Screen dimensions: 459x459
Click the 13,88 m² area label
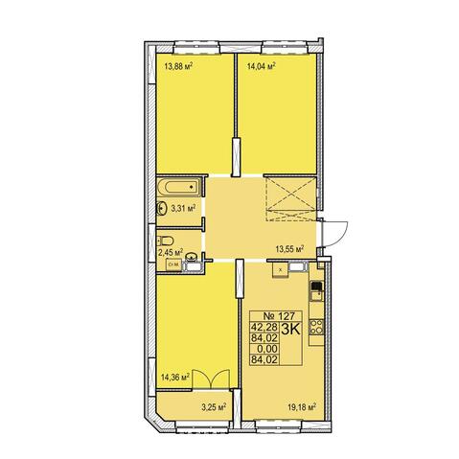tap(178, 66)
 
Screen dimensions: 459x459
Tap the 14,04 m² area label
tap(262, 66)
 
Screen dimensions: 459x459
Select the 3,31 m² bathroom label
tap(183, 209)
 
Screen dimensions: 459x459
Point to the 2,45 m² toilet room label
tap(171, 252)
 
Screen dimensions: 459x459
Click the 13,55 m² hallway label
tap(289, 249)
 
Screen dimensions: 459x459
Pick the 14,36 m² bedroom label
tap(175, 378)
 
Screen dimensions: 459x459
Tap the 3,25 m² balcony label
tap(214, 407)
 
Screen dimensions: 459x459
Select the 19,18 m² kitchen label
tap(302, 407)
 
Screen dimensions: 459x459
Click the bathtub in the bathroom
tap(179, 187)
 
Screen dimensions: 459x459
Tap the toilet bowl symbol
tap(166, 240)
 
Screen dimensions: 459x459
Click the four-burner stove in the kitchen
tap(316, 327)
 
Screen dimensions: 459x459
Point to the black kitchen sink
tap(316, 286)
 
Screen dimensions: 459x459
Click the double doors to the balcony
tap(211, 379)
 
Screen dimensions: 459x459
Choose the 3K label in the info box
tap(290, 330)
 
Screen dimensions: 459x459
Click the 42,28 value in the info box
tap(264, 327)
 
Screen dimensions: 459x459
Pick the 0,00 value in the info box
tap(268, 349)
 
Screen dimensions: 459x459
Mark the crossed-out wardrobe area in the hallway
tap(290, 197)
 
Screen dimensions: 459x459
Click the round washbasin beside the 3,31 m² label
tap(161, 209)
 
